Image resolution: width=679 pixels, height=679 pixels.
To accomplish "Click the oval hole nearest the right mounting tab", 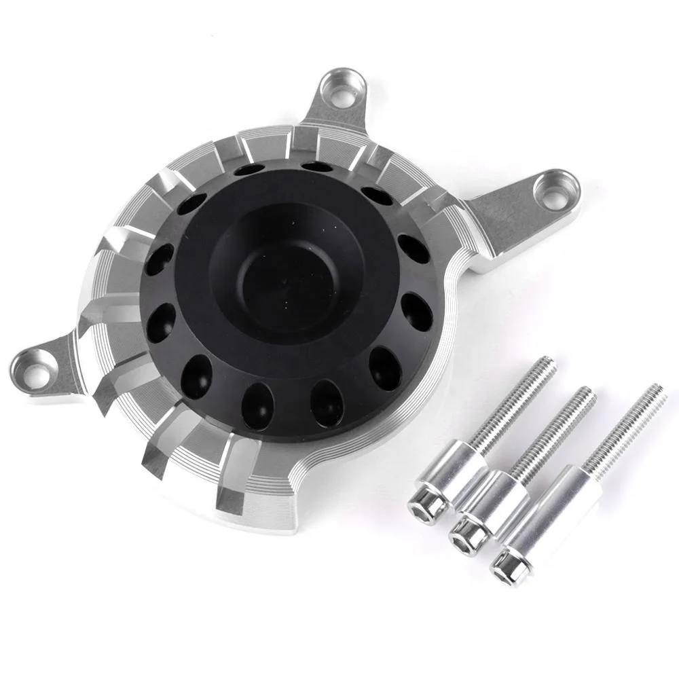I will click(413, 249).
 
